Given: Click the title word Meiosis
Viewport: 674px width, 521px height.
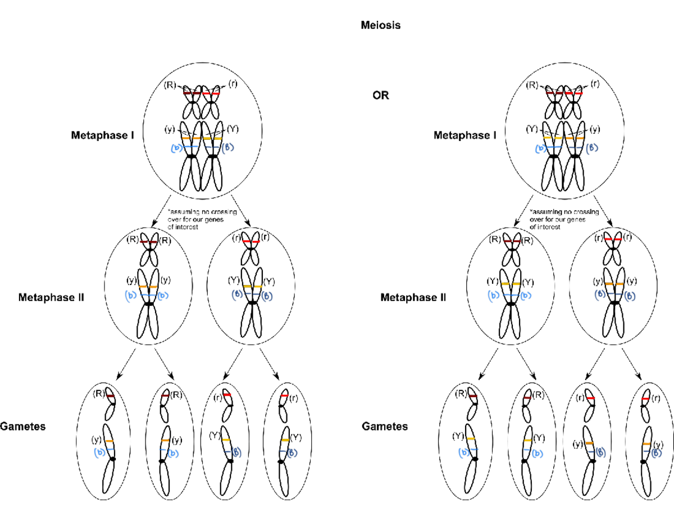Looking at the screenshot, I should [x=381, y=25].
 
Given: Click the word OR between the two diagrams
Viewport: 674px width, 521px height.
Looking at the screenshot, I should [x=381, y=96].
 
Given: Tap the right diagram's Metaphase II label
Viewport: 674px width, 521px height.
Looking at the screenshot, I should [x=413, y=297].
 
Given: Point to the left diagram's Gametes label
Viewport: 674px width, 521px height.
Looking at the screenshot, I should [x=23, y=427].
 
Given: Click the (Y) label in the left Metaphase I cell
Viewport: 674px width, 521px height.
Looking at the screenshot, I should [x=233, y=129].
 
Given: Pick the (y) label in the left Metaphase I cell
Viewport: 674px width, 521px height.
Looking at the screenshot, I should [x=170, y=129].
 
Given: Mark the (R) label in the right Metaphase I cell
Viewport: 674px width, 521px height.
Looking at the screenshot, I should [x=531, y=85].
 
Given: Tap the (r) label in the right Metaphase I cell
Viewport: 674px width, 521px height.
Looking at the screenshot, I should [x=595, y=84].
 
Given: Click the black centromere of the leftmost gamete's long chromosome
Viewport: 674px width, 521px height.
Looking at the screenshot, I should [x=113, y=460].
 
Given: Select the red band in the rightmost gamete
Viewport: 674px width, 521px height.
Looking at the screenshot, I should [x=646, y=398].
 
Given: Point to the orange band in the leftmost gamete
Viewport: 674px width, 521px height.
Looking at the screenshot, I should [x=110, y=441].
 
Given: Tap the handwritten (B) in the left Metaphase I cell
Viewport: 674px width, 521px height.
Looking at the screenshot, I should [x=228, y=148].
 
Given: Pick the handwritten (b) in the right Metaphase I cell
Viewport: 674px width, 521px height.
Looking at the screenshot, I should [x=541, y=149].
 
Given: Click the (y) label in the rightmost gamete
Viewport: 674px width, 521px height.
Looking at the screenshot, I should [x=654, y=444].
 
